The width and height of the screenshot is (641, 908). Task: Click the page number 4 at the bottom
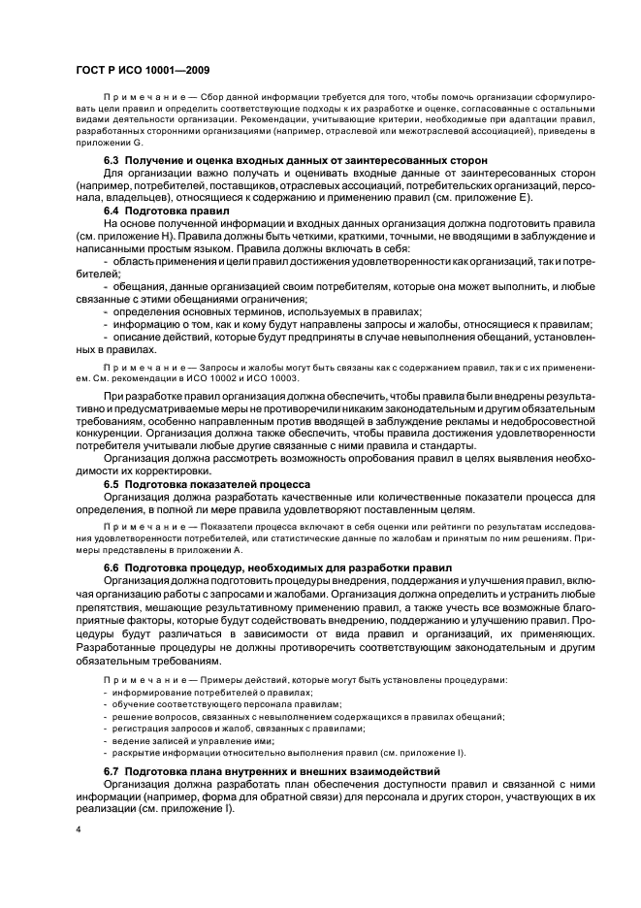point(77,830)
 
